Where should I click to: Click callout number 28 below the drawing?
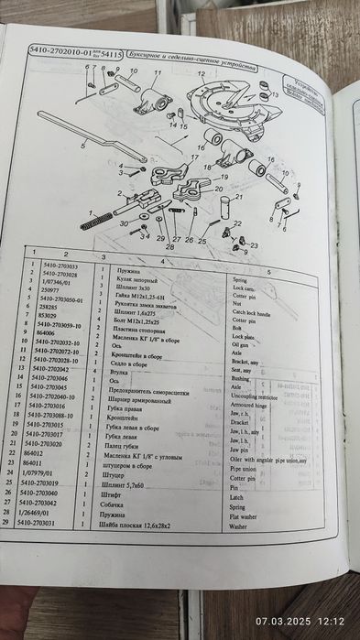(170, 246)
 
